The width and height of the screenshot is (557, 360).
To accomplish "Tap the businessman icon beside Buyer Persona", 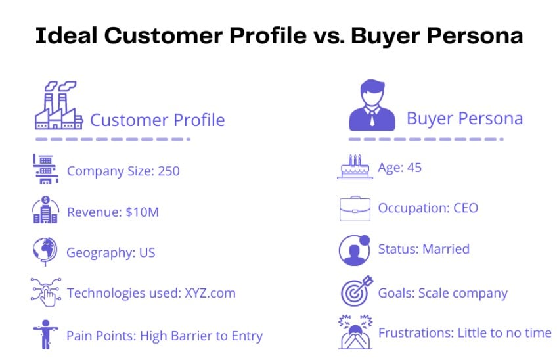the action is [x=372, y=105].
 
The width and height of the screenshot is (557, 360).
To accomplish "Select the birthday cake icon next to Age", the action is [x=355, y=167].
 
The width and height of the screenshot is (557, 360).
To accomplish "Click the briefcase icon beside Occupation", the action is [x=355, y=209].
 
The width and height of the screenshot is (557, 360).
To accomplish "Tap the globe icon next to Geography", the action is [x=45, y=251].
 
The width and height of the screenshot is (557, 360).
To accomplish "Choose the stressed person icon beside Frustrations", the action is [x=355, y=332].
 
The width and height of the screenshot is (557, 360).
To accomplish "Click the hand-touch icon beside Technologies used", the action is [x=46, y=292].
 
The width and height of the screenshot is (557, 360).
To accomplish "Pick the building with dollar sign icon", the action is [x=45, y=210].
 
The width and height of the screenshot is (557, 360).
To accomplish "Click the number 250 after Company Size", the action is [x=169, y=171].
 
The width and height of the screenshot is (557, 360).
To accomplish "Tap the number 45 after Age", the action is [x=414, y=168].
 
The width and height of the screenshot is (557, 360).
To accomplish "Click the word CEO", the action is [x=466, y=208].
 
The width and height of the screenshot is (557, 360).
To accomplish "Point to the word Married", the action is [x=446, y=249].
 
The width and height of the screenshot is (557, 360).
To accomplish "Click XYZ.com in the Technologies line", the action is [x=210, y=293].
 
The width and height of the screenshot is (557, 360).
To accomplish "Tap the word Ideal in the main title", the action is [x=66, y=35].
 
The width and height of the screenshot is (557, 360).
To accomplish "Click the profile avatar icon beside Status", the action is [x=355, y=250].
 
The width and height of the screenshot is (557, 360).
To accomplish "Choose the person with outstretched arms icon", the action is [x=45, y=334].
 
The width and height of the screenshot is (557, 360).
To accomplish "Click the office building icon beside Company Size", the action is [x=45, y=169].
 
